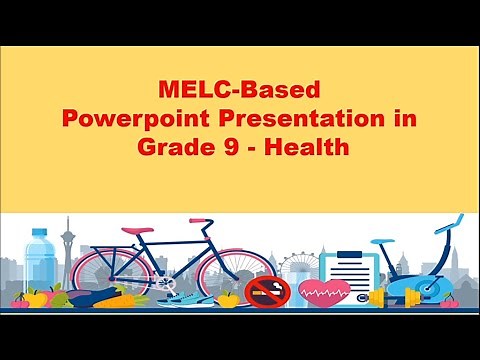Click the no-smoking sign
point(267,291)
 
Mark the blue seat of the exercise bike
point(381,243)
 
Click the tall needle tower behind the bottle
point(67,245)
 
